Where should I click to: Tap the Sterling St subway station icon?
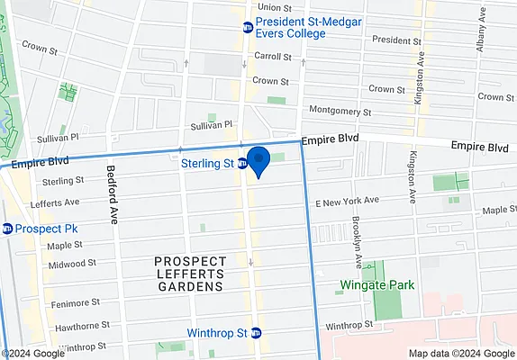243,164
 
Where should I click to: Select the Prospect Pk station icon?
8,229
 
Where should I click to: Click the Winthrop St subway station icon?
255,333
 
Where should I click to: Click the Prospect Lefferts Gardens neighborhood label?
187,274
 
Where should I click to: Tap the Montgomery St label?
340,112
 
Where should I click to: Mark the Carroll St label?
271,56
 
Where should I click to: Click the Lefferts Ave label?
54,203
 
